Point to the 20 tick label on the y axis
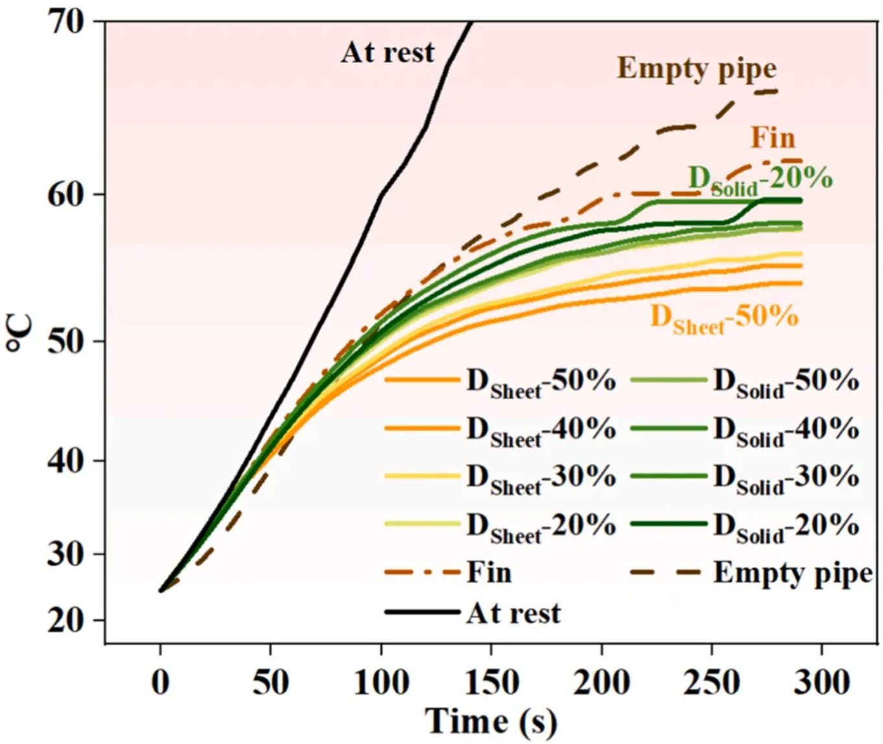tap(66, 621)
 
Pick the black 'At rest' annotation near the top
tap(388, 53)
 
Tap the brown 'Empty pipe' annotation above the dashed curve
tap(696, 68)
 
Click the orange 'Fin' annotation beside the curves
tap(773, 138)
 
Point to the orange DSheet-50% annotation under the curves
tap(724, 318)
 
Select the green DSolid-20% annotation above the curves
tap(760, 179)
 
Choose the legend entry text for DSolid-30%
tap(786, 478)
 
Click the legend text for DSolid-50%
tap(786, 382)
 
